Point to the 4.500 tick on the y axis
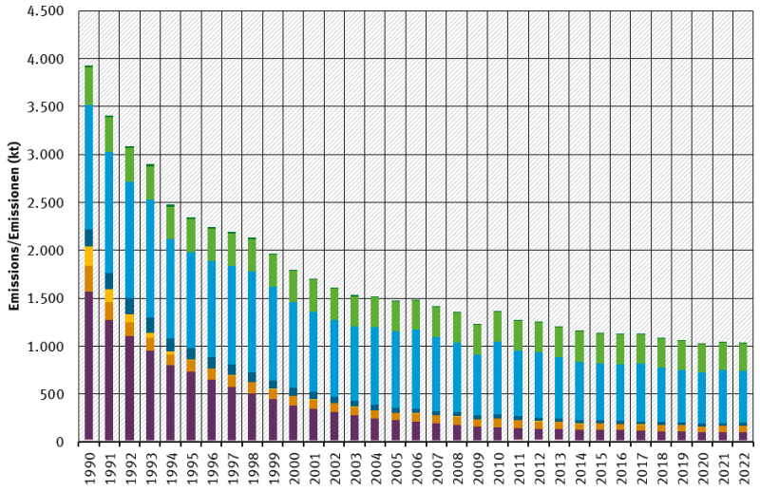tap(45, 11)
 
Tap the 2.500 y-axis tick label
tap(45, 203)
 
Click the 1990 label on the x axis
tap(89, 467)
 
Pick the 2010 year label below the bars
tap(498, 467)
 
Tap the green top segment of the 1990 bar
tap(88, 85)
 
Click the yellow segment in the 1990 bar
tap(88, 255)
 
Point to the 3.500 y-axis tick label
tap(45, 107)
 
